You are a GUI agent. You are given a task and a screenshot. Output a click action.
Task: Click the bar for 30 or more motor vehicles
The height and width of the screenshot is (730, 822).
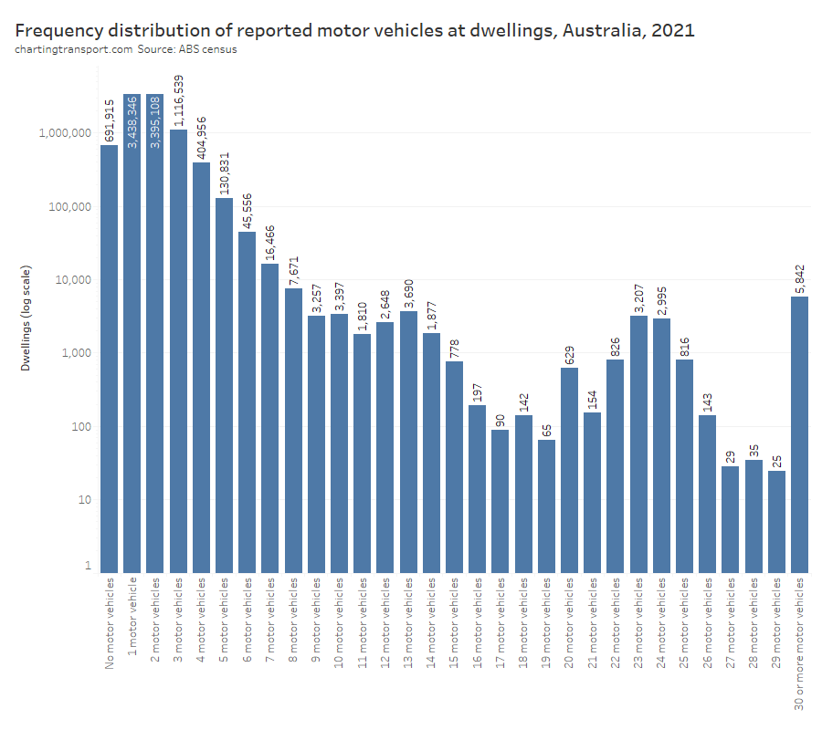[x=799, y=434]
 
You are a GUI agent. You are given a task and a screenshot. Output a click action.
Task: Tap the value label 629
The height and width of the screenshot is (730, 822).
[x=569, y=351]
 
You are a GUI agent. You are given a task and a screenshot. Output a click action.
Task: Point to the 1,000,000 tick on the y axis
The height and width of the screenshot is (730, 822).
[x=64, y=133]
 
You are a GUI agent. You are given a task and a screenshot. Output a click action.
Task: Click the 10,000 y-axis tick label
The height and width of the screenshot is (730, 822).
[x=70, y=280]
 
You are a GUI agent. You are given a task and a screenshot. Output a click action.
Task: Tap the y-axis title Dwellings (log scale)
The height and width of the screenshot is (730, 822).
[x=27, y=318]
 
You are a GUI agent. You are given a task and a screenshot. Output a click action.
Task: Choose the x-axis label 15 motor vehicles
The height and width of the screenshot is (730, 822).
[x=455, y=625]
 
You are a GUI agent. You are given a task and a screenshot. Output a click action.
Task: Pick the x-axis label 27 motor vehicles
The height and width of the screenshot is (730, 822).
[x=730, y=625]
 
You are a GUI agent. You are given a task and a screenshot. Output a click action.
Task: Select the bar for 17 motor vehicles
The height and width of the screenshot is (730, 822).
[x=501, y=501]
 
